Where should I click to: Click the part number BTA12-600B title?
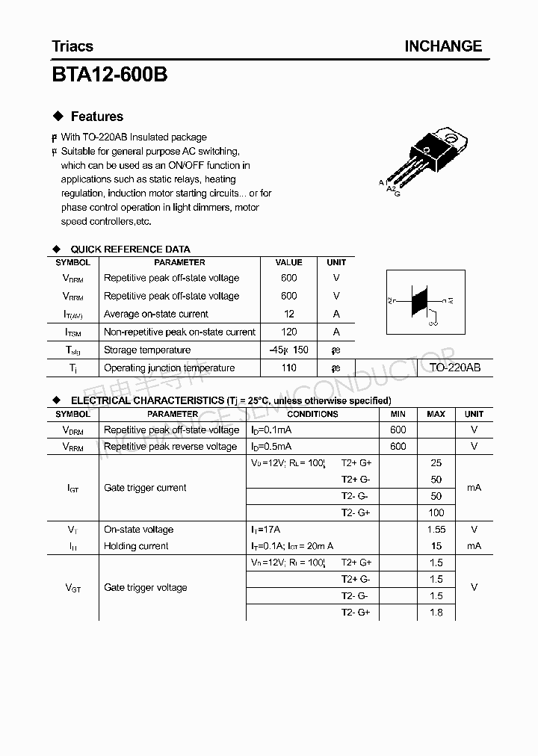[x=110, y=75]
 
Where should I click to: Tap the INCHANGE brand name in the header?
[x=443, y=46]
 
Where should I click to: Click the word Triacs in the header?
[x=72, y=46]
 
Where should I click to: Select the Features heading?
[x=96, y=117]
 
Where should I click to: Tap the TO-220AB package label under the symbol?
[x=454, y=368]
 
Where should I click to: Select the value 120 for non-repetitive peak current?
[x=288, y=332]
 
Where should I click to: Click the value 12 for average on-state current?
[x=288, y=314]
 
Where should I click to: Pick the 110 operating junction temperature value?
[x=288, y=368]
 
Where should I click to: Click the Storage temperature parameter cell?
[x=147, y=350]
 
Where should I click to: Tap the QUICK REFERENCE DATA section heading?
[x=130, y=249]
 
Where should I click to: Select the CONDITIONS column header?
[x=312, y=414]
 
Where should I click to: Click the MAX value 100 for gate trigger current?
[x=436, y=512]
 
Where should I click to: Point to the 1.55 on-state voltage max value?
[x=436, y=530]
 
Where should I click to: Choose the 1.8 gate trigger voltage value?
[x=436, y=613]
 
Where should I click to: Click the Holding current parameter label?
[x=136, y=546]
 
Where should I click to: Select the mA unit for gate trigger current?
[x=474, y=488]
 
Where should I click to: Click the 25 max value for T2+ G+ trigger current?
[x=436, y=463]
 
